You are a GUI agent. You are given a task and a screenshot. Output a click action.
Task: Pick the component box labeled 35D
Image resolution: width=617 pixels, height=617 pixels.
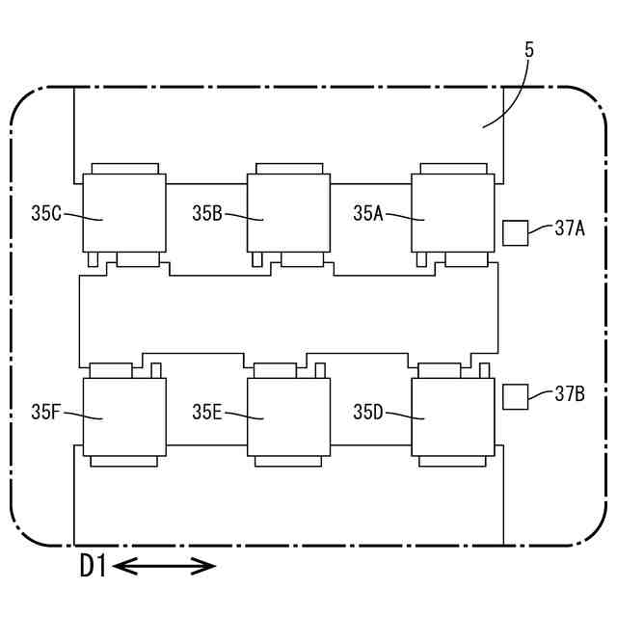(453, 416)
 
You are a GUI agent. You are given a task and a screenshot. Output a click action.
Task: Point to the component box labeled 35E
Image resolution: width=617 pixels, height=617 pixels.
(289, 416)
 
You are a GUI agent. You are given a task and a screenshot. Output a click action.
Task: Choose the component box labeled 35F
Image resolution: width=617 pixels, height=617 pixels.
(124, 416)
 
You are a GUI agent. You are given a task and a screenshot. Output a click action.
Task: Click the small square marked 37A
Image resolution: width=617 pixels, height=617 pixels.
(516, 232)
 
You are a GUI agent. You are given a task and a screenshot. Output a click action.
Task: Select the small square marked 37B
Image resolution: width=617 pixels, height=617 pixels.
(516, 396)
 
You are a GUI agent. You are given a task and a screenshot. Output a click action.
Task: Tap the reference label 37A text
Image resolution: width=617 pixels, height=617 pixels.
(571, 228)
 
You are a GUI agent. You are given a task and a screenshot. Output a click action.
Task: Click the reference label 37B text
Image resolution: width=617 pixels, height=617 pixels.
(571, 392)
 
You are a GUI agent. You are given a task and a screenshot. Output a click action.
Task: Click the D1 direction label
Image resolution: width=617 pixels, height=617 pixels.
(93, 567)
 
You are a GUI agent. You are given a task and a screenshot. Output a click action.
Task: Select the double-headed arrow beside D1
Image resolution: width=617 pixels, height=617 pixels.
(165, 567)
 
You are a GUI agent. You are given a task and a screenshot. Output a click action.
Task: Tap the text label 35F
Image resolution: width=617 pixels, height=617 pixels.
(46, 414)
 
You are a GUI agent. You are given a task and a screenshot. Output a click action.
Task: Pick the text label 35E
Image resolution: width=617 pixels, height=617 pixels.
(207, 414)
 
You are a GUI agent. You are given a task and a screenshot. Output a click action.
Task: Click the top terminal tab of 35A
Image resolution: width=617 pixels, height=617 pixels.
(453, 169)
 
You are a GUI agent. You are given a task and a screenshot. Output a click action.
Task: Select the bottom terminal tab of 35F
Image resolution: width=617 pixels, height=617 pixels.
(124, 461)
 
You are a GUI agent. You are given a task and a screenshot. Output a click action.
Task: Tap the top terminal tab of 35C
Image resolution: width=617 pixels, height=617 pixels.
(124, 169)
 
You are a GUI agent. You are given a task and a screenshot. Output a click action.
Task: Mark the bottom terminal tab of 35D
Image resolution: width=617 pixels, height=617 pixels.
(453, 461)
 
